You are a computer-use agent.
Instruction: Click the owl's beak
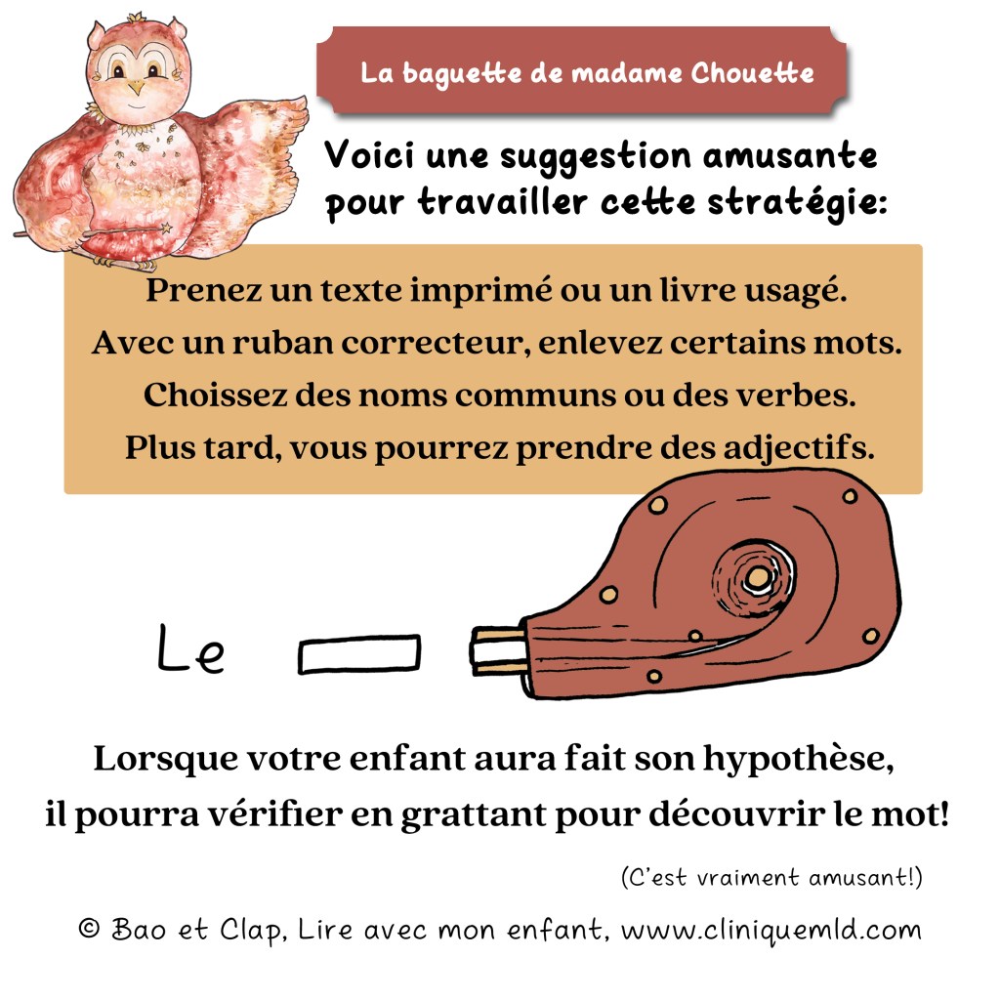click(136, 87)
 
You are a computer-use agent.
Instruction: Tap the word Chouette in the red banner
click(753, 73)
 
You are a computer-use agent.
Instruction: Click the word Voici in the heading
click(370, 155)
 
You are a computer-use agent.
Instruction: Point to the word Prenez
click(204, 290)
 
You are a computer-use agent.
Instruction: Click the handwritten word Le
click(190, 648)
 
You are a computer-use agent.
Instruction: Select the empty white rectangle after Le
click(359, 653)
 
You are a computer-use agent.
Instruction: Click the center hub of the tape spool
click(757, 578)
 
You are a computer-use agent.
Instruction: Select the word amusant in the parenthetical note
click(861, 878)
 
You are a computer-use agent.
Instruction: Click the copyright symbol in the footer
click(89, 928)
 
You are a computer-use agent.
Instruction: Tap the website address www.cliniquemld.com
click(771, 931)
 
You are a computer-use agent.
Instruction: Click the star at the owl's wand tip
click(166, 228)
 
